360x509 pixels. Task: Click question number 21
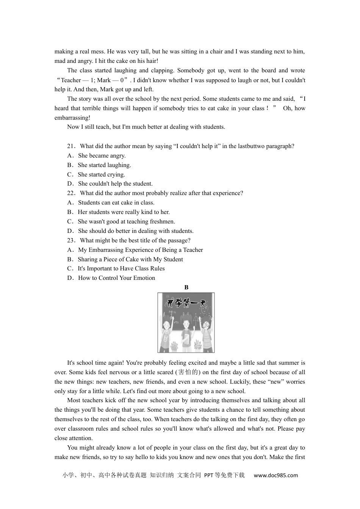point(71,146)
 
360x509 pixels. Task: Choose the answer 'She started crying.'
point(101,175)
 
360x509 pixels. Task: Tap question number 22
point(71,193)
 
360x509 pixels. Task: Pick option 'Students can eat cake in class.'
point(116,203)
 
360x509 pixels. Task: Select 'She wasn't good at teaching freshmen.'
point(126,222)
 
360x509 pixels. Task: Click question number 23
point(71,240)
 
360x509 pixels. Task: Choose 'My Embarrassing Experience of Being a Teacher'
point(140,250)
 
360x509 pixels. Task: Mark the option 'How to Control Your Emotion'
point(116,278)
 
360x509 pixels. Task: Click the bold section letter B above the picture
point(186,287)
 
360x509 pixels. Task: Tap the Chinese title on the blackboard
point(186,303)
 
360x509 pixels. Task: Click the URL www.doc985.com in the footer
point(275,475)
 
